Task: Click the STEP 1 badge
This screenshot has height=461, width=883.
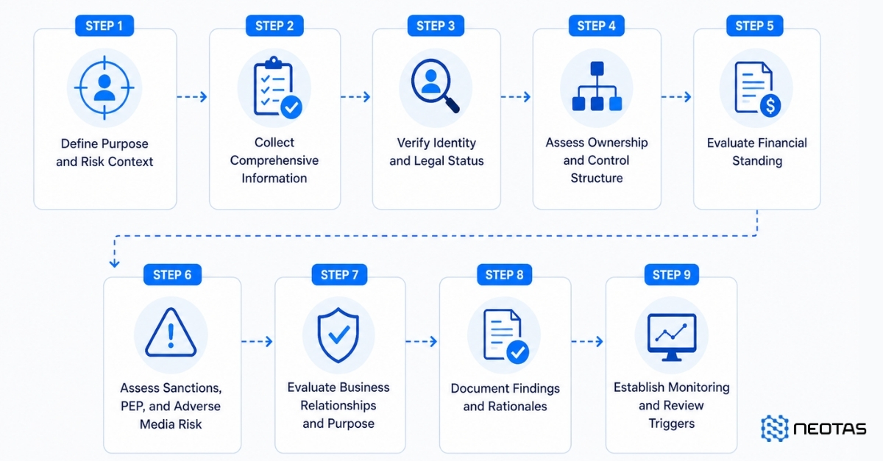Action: (x=104, y=26)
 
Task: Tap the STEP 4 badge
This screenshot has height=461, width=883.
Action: (x=597, y=26)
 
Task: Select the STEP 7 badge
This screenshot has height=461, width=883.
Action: (x=339, y=275)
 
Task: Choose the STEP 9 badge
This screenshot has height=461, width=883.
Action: (x=672, y=275)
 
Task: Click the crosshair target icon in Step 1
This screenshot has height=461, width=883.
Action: (x=104, y=87)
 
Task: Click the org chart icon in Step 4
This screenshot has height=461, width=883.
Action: (x=597, y=86)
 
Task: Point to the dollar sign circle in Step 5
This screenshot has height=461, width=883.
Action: (x=770, y=106)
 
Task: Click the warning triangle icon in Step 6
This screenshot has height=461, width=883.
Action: (x=171, y=333)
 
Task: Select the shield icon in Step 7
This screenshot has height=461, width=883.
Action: (x=338, y=335)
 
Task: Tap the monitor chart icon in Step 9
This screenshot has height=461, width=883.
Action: (x=672, y=337)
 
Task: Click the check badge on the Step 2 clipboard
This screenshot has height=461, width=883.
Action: (x=291, y=107)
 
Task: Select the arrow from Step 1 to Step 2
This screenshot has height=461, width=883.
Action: (x=192, y=96)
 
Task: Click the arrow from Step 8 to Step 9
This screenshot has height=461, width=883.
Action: (x=587, y=341)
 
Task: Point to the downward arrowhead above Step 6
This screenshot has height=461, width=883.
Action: (x=114, y=263)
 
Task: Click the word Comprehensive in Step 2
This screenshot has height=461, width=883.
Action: (x=274, y=160)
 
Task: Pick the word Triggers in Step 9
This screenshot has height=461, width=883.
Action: (x=672, y=424)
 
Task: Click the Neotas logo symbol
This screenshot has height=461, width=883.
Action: (x=775, y=428)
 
